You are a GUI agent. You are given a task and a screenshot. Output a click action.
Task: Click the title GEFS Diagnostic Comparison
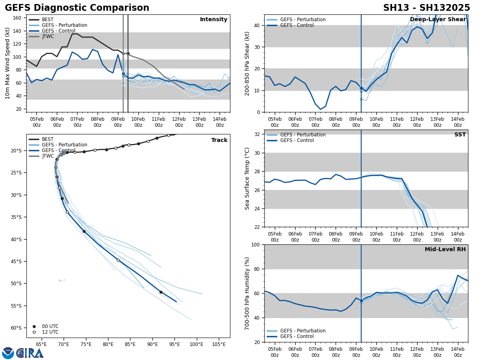(77, 8)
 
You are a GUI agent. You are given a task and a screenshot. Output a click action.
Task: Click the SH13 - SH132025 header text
(426, 8)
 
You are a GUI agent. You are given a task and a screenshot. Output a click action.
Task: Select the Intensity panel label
(214, 20)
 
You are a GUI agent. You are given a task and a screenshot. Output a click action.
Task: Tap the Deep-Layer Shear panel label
(438, 20)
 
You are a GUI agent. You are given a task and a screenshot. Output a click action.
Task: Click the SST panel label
(460, 135)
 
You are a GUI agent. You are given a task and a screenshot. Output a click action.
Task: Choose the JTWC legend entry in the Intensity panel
(48, 36)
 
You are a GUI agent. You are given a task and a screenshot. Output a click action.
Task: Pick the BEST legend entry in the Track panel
(48, 139)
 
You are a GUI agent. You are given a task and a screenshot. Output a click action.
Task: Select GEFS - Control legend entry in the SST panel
(297, 140)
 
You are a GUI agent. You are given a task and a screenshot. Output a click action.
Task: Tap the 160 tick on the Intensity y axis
(17, 18)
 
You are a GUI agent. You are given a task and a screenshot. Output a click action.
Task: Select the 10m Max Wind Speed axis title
(8, 63)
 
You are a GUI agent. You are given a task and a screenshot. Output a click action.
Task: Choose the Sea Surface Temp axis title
(247, 178)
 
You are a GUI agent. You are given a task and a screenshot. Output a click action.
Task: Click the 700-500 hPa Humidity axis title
(247, 293)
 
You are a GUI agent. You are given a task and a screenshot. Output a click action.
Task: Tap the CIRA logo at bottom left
(23, 353)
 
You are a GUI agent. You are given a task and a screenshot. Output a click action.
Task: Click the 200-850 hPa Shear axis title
(247, 63)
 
